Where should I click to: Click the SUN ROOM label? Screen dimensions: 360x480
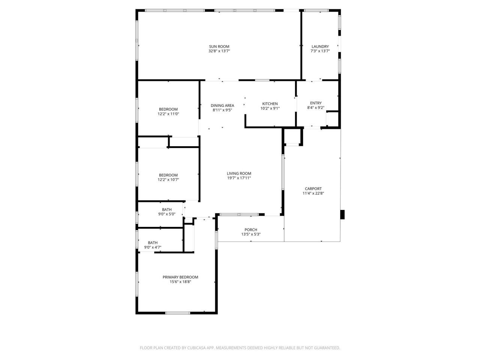(x=219, y=46)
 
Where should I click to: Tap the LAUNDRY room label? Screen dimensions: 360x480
(x=320, y=46)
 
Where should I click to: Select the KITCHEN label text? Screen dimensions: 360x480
(x=270, y=104)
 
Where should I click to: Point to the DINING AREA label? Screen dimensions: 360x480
(x=222, y=106)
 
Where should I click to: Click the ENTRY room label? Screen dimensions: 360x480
(x=315, y=103)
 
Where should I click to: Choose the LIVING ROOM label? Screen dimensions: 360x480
(x=239, y=174)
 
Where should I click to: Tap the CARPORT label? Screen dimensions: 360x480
(x=313, y=189)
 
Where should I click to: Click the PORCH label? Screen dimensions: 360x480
(x=250, y=230)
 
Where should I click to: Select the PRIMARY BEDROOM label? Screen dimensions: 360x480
(x=180, y=277)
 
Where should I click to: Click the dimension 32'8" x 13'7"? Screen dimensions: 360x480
(x=219, y=51)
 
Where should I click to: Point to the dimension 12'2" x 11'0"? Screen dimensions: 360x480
(x=168, y=114)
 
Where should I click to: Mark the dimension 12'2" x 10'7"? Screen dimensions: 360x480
(x=168, y=180)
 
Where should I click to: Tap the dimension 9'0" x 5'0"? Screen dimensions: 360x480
(x=167, y=214)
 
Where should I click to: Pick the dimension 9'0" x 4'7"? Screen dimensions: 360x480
(x=153, y=247)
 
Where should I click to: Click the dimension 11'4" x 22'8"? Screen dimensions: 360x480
(x=313, y=193)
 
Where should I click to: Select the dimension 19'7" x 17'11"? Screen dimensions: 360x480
(x=239, y=178)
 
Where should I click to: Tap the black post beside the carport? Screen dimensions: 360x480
(x=342, y=214)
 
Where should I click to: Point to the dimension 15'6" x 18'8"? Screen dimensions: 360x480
(x=180, y=282)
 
